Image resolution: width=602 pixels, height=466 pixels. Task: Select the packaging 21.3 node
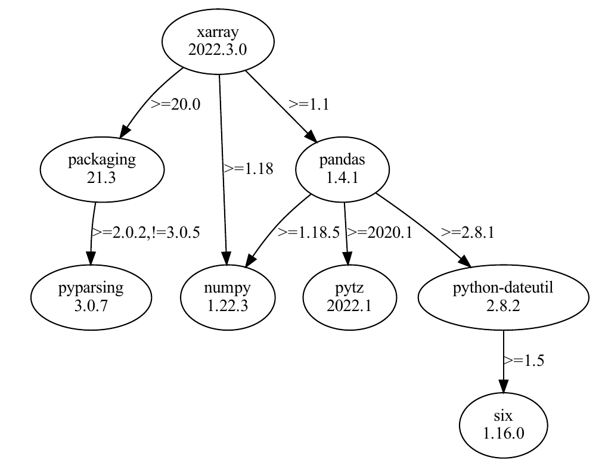[x=102, y=169]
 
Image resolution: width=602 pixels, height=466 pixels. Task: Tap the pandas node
[x=343, y=169]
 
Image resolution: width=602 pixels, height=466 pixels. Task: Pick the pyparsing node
[x=91, y=296]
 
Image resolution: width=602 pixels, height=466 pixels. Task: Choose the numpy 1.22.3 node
[x=227, y=296]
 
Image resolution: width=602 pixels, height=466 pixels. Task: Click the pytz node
[x=349, y=296]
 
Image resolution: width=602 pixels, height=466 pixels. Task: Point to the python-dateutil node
[x=504, y=296]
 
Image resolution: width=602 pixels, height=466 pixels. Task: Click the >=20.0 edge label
[x=175, y=104]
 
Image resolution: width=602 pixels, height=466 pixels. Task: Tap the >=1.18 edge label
[x=249, y=169]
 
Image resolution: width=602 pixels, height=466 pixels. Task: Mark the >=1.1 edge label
[x=309, y=104]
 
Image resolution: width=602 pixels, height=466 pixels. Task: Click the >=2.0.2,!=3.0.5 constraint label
[x=145, y=232]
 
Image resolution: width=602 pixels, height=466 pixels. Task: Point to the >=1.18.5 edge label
[x=309, y=232]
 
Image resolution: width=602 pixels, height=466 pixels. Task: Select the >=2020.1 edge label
[x=380, y=232]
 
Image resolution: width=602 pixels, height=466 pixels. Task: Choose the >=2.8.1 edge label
[x=467, y=232]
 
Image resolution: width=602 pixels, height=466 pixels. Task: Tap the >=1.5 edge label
[x=524, y=360]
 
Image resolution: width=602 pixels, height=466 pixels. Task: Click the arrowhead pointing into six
[x=504, y=386]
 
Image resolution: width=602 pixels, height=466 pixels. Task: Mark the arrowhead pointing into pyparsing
[x=91, y=259]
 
